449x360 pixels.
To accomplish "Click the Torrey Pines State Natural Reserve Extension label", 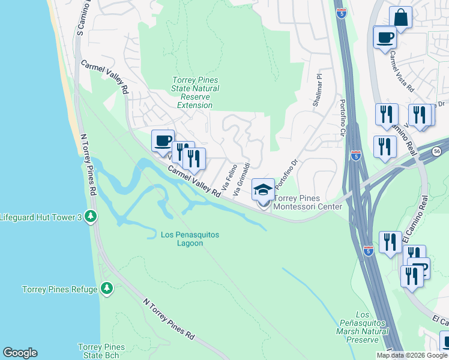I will (195, 92).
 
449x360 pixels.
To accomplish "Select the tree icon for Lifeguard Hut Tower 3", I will (91, 216).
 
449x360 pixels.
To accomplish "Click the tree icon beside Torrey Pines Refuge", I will (107, 289).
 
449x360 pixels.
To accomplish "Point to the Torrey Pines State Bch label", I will (101, 352).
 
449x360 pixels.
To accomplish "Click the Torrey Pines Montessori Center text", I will (308, 203).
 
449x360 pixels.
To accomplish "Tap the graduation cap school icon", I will (263, 190).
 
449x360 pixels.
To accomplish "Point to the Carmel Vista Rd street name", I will (402, 70).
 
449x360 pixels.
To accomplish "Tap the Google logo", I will (20, 353).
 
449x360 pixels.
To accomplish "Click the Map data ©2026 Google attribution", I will (412, 355).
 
